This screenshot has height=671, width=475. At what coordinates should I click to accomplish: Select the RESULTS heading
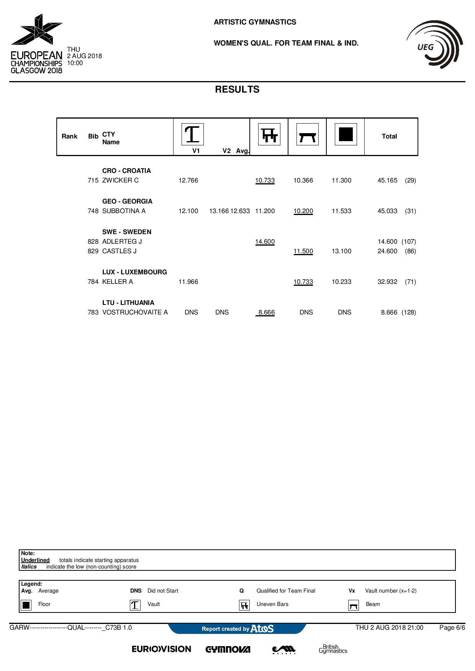[x=237, y=90]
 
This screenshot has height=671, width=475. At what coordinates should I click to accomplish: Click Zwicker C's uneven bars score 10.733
[x=265, y=181]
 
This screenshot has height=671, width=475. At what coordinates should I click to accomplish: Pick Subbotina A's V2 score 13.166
[x=219, y=211]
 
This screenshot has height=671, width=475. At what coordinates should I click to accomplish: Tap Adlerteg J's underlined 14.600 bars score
[x=265, y=242]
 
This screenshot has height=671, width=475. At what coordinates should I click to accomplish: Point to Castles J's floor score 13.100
[x=341, y=251]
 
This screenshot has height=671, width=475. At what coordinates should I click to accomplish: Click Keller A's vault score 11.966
[x=188, y=282]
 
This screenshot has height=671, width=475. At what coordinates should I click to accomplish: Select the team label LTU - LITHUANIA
[x=128, y=303]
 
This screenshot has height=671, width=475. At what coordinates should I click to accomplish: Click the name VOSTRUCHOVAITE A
[x=135, y=313]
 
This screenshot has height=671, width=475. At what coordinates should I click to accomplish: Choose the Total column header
[x=389, y=137]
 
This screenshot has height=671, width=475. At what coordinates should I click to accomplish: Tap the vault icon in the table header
[x=192, y=134]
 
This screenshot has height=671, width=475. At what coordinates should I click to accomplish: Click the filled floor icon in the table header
[x=346, y=134]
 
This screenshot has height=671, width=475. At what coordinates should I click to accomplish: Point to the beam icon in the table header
[x=307, y=134]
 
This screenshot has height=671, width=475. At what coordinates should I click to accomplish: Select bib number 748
[x=93, y=211]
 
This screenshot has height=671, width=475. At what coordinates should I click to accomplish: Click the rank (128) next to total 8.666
[x=409, y=313]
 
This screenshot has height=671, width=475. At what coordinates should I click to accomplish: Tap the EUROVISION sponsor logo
[x=161, y=649]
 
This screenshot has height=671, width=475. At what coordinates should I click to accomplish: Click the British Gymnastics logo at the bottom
[x=332, y=649]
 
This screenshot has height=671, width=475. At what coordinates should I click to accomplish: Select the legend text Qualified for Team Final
[x=286, y=591]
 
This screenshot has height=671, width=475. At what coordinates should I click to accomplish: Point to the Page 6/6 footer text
[x=452, y=627]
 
